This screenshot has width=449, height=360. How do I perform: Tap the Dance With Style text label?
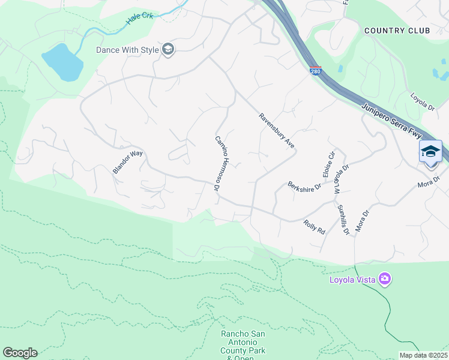[127, 50]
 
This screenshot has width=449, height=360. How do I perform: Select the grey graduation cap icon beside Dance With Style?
[168, 50]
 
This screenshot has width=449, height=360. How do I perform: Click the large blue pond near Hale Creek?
[61, 61]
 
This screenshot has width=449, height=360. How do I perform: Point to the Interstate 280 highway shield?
[316, 71]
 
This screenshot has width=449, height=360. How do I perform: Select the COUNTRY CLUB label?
[397, 30]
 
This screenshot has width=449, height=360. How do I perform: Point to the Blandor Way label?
[128, 162]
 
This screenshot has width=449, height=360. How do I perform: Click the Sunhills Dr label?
[343, 220]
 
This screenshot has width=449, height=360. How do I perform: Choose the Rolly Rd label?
[314, 226]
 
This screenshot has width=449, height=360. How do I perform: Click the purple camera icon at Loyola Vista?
[384, 279]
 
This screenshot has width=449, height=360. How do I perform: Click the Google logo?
[20, 353]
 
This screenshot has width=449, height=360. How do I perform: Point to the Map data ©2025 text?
[423, 355]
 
